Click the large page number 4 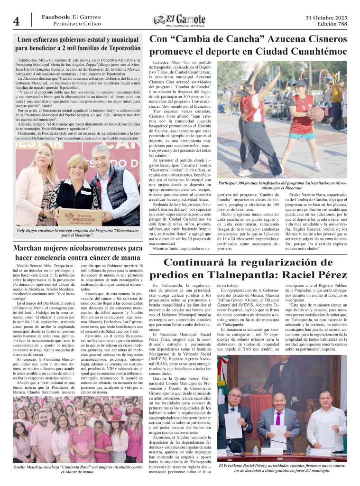16,21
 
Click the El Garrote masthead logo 179,20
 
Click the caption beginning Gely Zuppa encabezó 76,233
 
